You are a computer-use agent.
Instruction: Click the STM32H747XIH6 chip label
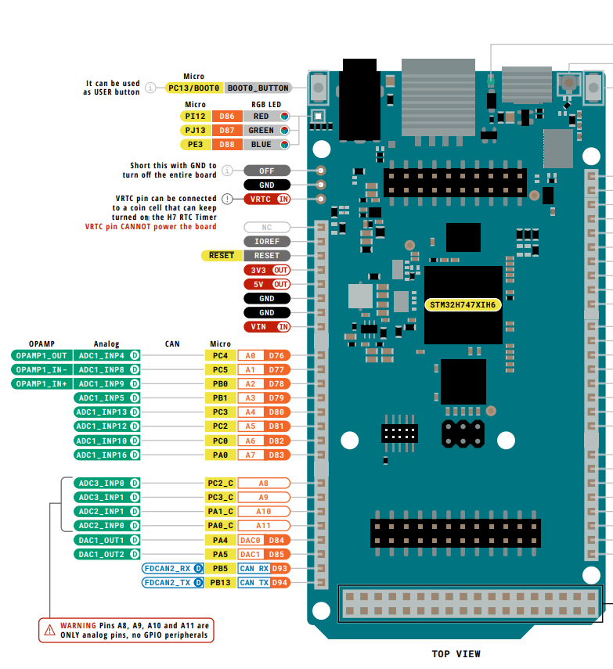click(463, 304)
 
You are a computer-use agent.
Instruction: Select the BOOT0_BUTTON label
click(258, 88)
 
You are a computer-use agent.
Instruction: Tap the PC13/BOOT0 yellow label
click(194, 88)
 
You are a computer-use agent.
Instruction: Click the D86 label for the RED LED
click(227, 116)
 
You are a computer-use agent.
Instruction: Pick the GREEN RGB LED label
click(261, 130)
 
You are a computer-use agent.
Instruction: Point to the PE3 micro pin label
click(196, 144)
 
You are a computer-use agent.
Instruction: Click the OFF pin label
click(267, 171)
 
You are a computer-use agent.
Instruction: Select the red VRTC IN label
click(267, 199)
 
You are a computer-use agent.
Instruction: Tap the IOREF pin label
click(267, 242)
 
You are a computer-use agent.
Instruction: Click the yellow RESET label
click(222, 256)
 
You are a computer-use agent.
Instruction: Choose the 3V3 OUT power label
click(267, 270)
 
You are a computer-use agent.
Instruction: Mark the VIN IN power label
click(267, 327)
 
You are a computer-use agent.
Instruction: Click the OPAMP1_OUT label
click(41, 355)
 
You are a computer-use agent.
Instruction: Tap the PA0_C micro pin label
click(220, 526)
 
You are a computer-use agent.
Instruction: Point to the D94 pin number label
click(280, 583)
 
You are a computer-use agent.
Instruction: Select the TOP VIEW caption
click(456, 654)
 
